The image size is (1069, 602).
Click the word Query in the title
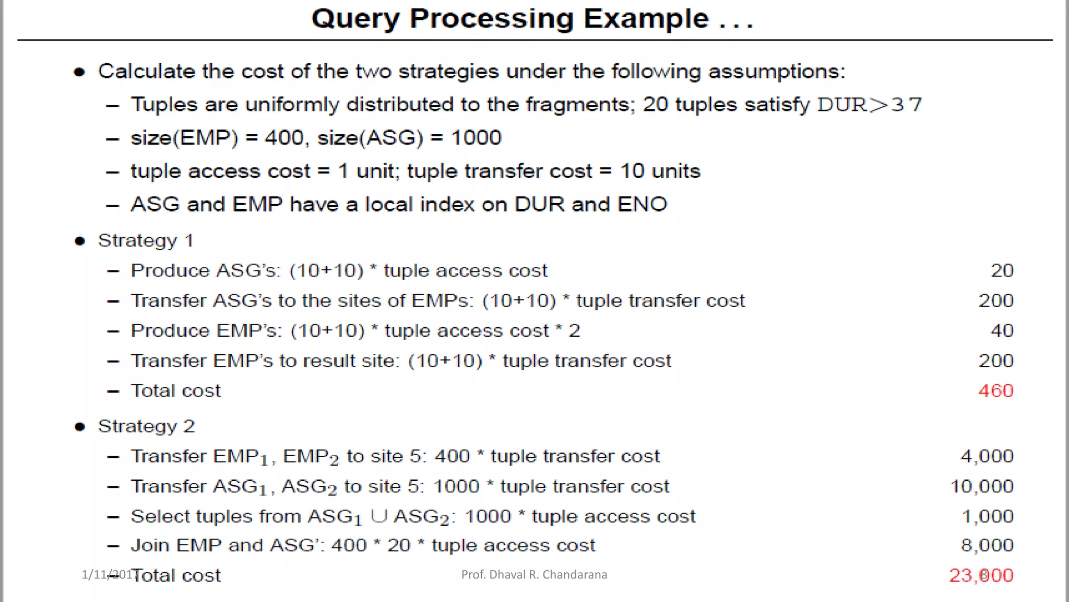pyautogui.click(x=355, y=19)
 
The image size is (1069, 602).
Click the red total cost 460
pyautogui.click(x=995, y=391)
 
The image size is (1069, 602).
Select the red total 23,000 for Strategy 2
pyautogui.click(x=981, y=575)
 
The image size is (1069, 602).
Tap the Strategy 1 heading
pyautogui.click(x=146, y=240)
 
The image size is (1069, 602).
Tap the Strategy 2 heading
pyautogui.click(x=146, y=426)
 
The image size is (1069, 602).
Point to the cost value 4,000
pyautogui.click(x=987, y=456)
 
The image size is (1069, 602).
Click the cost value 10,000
pyautogui.click(x=981, y=487)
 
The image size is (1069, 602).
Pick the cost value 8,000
pyautogui.click(x=987, y=546)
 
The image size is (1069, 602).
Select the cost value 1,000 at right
pyautogui.click(x=987, y=516)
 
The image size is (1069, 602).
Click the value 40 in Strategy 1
pyautogui.click(x=1002, y=331)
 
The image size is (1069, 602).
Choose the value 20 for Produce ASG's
pyautogui.click(x=1002, y=271)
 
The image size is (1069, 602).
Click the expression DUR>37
pyautogui.click(x=869, y=105)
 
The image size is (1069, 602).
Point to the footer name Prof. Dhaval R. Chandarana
pyautogui.click(x=534, y=575)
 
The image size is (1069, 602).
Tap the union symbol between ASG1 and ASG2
pyautogui.click(x=378, y=516)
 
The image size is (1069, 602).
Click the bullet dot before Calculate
pyautogui.click(x=79, y=72)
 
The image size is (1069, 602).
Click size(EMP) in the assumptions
pyautogui.click(x=184, y=138)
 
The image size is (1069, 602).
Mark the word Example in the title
pyautogui.click(x=646, y=19)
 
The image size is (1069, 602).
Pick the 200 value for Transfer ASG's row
pyautogui.click(x=995, y=300)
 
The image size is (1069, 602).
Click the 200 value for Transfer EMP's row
pyautogui.click(x=995, y=361)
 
